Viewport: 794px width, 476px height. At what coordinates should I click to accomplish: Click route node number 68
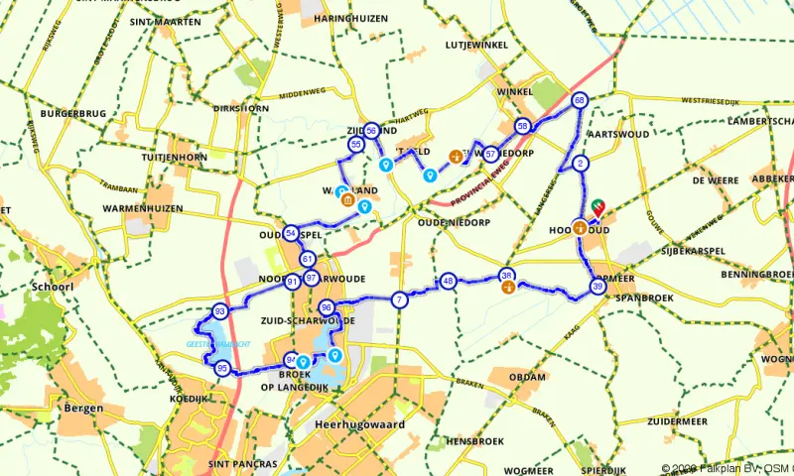pos(580,100)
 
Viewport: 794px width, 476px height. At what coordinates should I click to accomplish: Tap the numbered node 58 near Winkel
pos(522,126)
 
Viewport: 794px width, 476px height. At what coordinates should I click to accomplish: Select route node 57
pos(490,155)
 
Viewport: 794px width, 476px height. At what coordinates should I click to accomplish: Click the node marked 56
pos(371,130)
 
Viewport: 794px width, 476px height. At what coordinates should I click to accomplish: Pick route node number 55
pos(355,145)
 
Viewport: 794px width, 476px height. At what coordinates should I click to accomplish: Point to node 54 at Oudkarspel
pos(290,233)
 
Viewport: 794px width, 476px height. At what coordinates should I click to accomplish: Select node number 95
pos(223,369)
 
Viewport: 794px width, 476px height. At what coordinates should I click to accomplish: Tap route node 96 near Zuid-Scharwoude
pos(326,307)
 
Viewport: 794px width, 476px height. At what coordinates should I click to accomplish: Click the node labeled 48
pos(449,281)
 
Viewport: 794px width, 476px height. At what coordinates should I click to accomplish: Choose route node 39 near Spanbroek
pos(596,287)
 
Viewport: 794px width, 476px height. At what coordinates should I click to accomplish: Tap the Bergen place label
pos(81,409)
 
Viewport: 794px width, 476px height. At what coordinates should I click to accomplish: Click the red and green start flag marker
pos(598,205)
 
